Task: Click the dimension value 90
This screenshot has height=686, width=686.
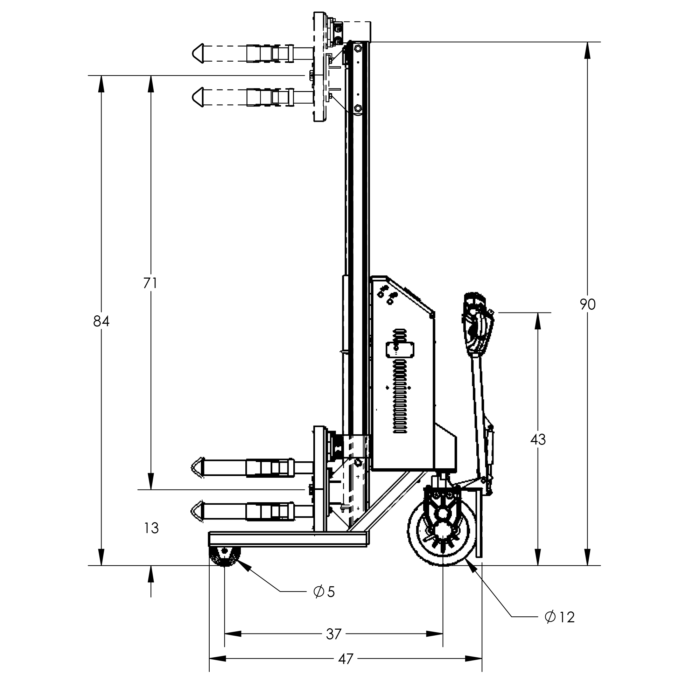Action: [x=588, y=304]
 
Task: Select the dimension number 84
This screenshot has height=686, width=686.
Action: [x=101, y=321]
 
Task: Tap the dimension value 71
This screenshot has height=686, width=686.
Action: [x=150, y=283]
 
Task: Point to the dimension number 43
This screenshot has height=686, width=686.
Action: [x=538, y=440]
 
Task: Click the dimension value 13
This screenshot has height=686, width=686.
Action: [x=151, y=528]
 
